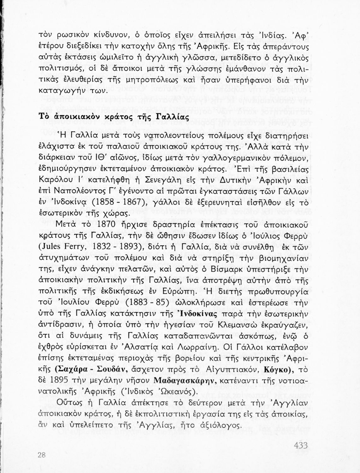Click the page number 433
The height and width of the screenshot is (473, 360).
tap(301, 446)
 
